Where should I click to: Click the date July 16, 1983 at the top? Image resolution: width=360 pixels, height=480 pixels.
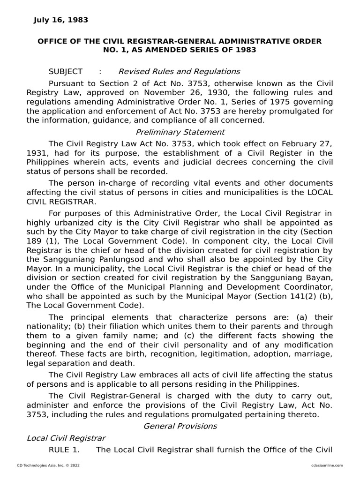(60, 20)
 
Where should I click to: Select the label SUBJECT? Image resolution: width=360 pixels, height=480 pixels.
(65, 72)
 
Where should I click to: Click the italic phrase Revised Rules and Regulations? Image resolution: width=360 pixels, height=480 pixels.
(179, 72)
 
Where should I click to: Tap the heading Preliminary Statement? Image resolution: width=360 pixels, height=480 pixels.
(180, 132)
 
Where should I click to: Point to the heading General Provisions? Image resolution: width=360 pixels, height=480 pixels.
(180, 426)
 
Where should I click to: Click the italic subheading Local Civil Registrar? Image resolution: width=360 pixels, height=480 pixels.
(66, 438)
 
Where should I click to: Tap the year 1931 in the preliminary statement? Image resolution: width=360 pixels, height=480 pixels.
(36, 153)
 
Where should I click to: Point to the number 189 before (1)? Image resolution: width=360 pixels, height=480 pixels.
(34, 241)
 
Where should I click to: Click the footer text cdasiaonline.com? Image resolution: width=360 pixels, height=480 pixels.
(326, 465)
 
